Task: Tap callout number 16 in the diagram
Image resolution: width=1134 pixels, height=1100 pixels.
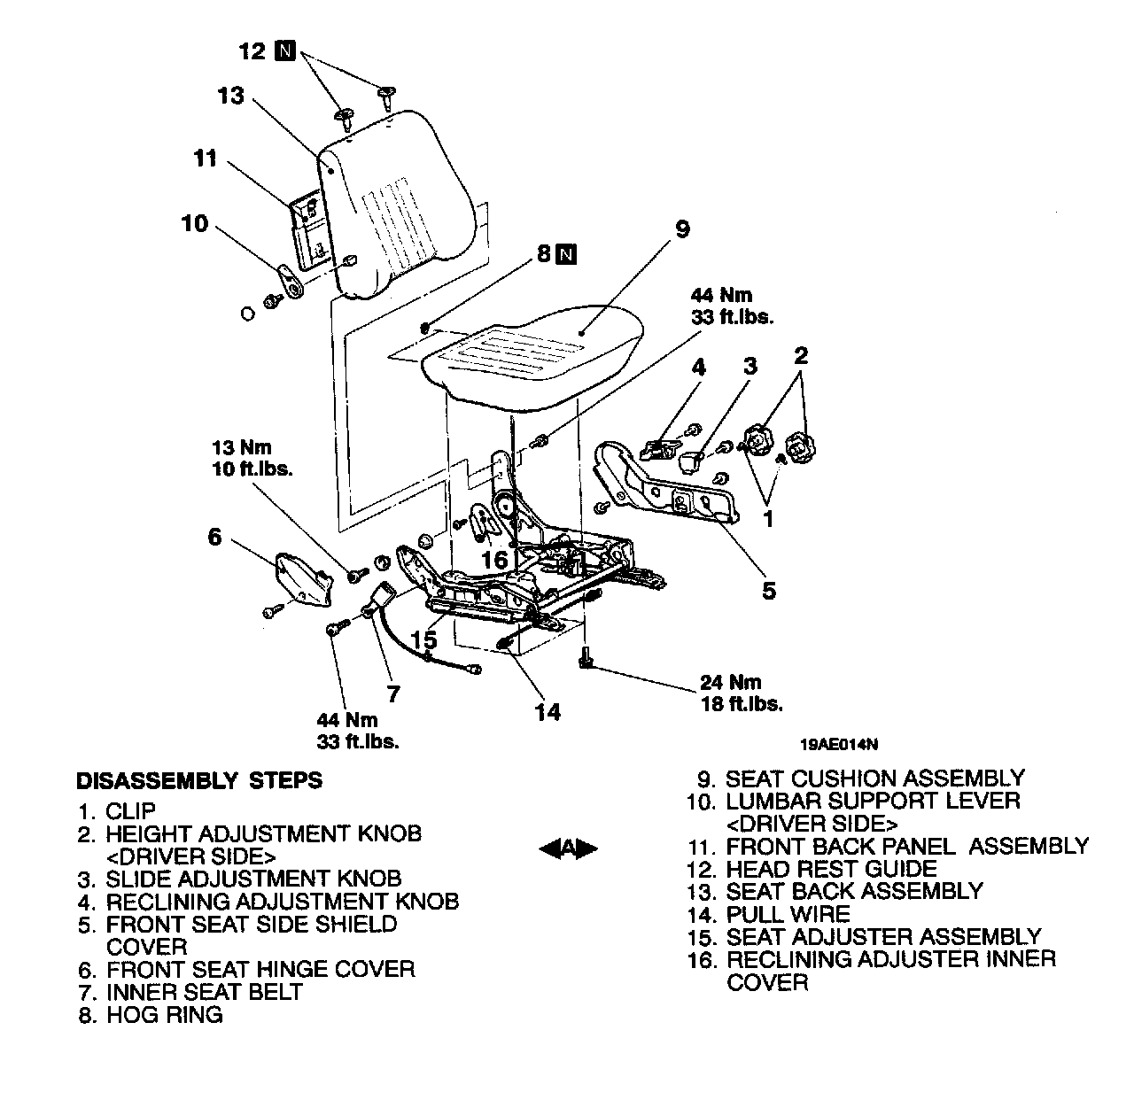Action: click(x=495, y=560)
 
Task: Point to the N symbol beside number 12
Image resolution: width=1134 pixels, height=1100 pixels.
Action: click(x=284, y=50)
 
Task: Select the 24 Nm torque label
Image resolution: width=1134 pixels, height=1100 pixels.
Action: click(x=730, y=682)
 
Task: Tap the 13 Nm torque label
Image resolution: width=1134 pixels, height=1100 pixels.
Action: click(x=241, y=447)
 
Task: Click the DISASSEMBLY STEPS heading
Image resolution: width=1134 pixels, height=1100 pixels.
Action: click(x=199, y=781)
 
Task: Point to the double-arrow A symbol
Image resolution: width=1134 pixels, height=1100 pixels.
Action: click(x=569, y=848)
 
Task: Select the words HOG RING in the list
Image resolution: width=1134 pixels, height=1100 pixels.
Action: click(x=165, y=1015)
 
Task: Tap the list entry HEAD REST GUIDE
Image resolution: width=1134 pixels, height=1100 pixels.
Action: click(x=831, y=869)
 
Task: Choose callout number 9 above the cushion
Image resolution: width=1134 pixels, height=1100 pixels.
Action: click(x=681, y=229)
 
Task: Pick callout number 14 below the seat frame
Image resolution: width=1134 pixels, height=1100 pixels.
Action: click(x=548, y=711)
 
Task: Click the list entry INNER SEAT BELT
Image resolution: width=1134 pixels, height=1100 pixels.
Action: click(x=205, y=992)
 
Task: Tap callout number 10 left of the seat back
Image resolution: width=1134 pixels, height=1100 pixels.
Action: click(x=195, y=223)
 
